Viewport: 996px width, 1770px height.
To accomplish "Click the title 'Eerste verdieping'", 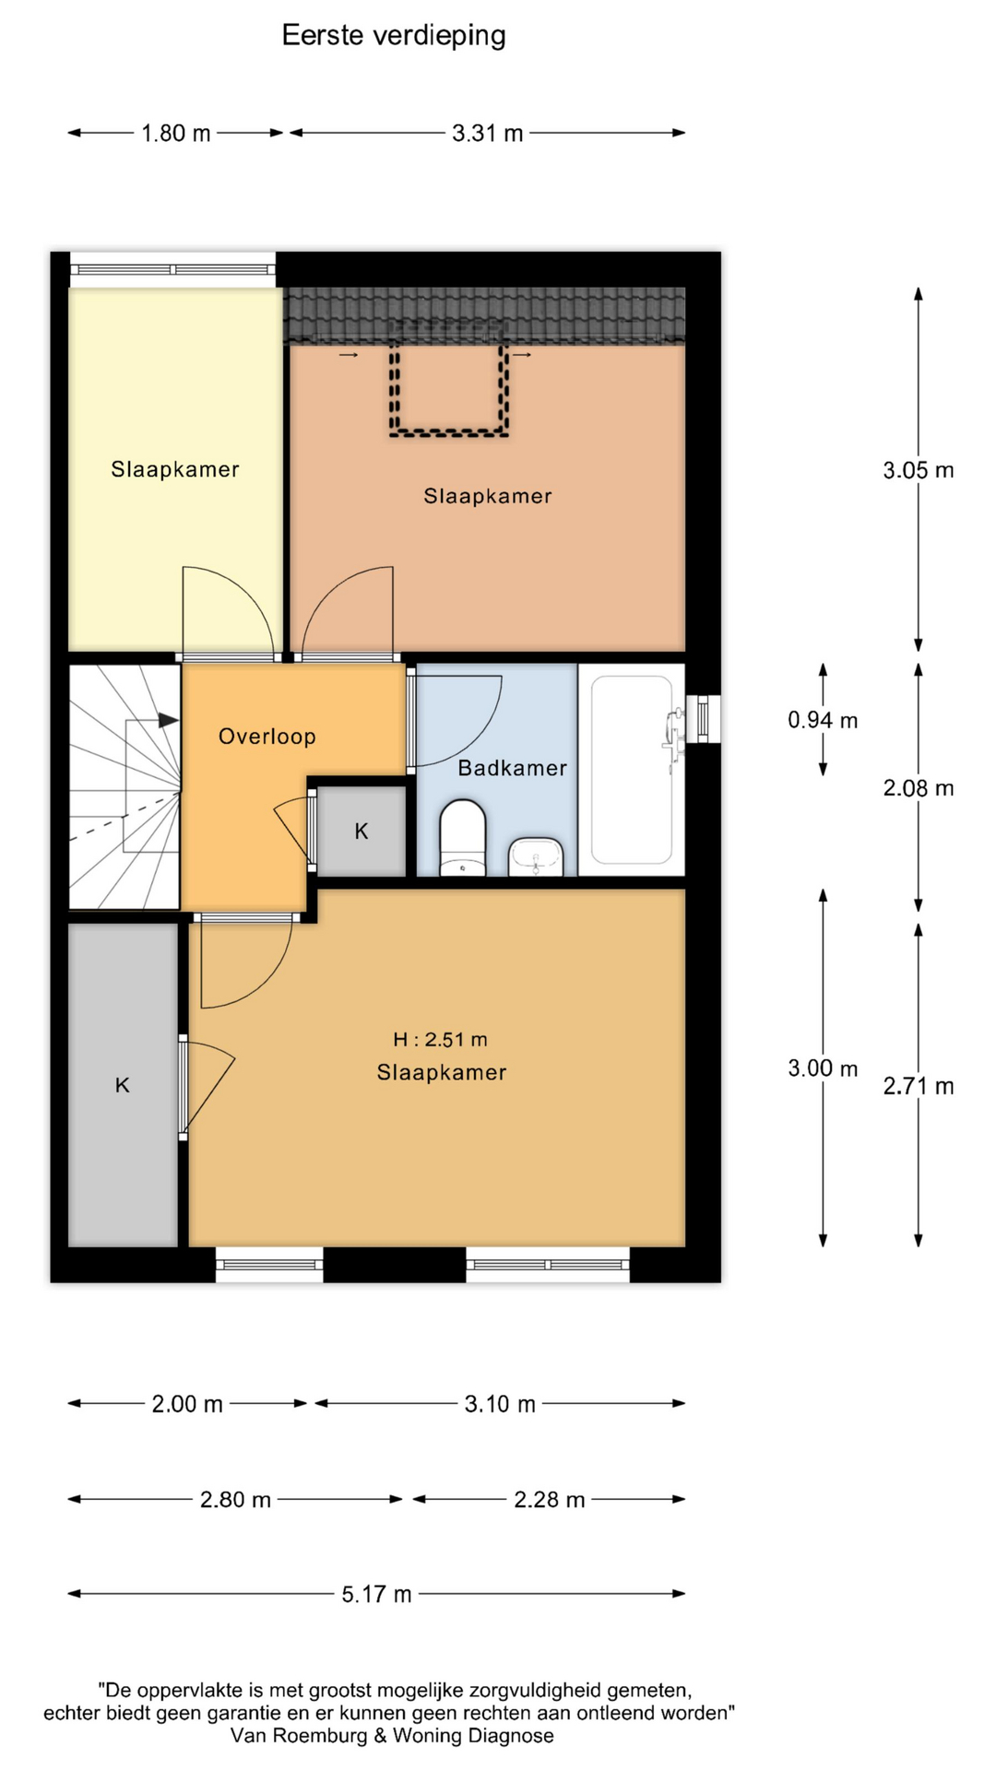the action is pyautogui.click(x=394, y=35).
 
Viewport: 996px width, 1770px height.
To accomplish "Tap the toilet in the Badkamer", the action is pyautogui.click(x=463, y=837).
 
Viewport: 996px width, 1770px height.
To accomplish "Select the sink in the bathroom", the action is pyautogui.click(x=536, y=856).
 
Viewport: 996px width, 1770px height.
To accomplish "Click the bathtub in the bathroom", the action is pyautogui.click(x=632, y=770).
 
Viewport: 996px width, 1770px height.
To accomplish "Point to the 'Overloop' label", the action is pyautogui.click(x=267, y=737).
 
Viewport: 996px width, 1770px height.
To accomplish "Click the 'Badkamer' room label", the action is pyautogui.click(x=513, y=768).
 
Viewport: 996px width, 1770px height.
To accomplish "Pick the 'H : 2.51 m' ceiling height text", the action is pyautogui.click(x=440, y=1040).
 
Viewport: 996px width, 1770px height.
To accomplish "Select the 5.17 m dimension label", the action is pyautogui.click(x=376, y=1595).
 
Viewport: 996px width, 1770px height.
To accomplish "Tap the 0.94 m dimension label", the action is pyautogui.click(x=823, y=720).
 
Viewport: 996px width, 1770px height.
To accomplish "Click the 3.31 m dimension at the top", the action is pyautogui.click(x=487, y=134).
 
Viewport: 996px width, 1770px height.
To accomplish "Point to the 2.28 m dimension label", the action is pyautogui.click(x=550, y=1500).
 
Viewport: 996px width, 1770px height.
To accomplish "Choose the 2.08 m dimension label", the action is pyautogui.click(x=919, y=788).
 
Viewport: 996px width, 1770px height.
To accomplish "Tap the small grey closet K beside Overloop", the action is pyautogui.click(x=362, y=831).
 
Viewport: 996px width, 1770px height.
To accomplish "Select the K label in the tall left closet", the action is pyautogui.click(x=123, y=1086).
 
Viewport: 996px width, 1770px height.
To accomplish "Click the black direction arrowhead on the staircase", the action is pyautogui.click(x=168, y=720).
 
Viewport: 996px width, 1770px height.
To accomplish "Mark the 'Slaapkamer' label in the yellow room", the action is pyautogui.click(x=175, y=469).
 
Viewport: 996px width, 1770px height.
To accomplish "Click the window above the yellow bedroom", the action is pyautogui.click(x=173, y=269).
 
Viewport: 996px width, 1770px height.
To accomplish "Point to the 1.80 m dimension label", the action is pyautogui.click(x=175, y=134).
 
